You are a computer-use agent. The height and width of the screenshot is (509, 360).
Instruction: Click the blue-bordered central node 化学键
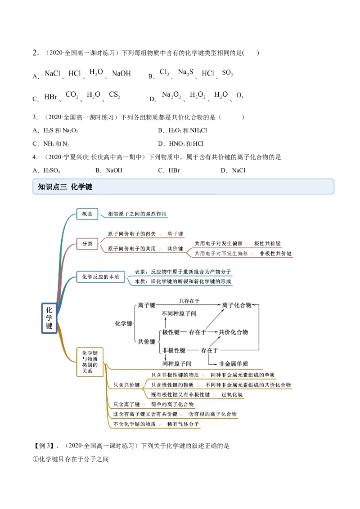[x=49, y=318]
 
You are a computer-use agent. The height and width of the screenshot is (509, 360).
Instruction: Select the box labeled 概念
[x=87, y=214]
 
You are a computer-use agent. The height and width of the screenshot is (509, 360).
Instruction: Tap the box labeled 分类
[x=87, y=244]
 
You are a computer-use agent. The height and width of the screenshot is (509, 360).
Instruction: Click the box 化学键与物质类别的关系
[x=90, y=362]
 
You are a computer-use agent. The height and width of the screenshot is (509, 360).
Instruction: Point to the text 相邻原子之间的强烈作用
[x=134, y=214]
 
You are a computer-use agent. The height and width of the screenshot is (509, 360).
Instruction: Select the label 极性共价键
[x=267, y=243]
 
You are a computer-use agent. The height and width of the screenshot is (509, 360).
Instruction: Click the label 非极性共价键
[x=275, y=254]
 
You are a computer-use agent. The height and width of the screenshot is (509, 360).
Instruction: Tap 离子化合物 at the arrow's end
[x=237, y=305]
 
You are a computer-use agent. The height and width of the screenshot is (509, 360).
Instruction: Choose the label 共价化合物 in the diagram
[x=233, y=332]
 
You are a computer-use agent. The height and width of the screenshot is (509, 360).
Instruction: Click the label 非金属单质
[x=233, y=363]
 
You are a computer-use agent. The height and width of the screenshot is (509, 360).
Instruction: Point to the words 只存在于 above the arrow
[x=189, y=301]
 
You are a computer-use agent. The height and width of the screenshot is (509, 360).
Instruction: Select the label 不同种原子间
[x=179, y=313]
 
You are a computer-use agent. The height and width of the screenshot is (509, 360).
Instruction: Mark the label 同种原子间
[x=177, y=363]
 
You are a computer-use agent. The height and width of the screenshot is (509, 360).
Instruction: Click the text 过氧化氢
[x=232, y=395]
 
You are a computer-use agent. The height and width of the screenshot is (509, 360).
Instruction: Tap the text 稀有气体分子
[x=183, y=424]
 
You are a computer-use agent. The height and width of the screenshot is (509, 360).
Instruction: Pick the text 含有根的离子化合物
[x=212, y=414]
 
